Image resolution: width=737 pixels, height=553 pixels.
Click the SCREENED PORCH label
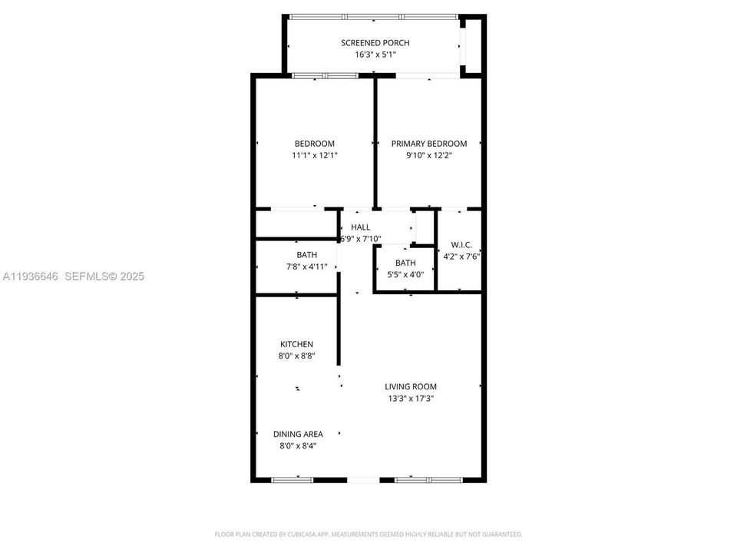(x=375, y=42)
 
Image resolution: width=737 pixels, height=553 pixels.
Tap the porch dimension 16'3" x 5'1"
(x=375, y=55)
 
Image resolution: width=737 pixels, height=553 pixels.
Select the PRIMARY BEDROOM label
(x=428, y=144)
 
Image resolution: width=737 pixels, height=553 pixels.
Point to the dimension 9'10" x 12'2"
(x=428, y=155)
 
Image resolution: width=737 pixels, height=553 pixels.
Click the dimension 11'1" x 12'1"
(x=315, y=155)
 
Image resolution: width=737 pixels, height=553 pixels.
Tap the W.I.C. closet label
(x=461, y=245)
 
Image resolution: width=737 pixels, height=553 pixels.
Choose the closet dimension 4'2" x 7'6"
(x=461, y=257)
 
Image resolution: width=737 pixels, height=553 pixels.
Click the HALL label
(x=360, y=227)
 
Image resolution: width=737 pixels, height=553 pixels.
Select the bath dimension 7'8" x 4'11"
(x=306, y=267)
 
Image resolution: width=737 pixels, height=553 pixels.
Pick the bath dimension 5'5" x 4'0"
(x=405, y=274)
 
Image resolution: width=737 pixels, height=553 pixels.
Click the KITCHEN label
(x=296, y=344)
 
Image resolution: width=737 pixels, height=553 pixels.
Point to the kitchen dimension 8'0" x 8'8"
(x=296, y=356)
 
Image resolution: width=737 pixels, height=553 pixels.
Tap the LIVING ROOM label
(x=411, y=386)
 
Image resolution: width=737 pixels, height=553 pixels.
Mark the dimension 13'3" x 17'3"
(x=411, y=399)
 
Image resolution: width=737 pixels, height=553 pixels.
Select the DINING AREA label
(x=298, y=434)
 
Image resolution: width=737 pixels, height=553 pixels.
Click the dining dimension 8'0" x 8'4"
(x=298, y=445)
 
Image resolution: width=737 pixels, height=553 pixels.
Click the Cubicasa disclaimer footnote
(x=368, y=534)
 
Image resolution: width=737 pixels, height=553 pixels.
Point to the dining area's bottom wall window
(x=292, y=480)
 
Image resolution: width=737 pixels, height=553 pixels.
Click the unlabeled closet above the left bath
(x=296, y=224)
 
